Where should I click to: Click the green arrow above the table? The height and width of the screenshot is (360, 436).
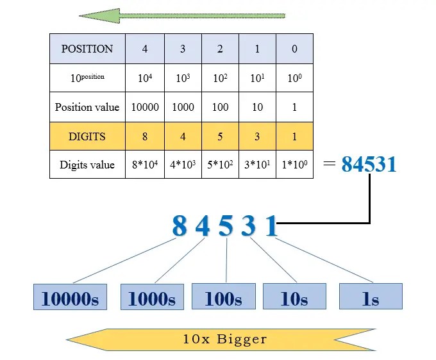click(182, 15)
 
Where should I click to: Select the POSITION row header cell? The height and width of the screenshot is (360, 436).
click(87, 49)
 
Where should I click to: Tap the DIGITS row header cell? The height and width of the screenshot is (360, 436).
click(87, 136)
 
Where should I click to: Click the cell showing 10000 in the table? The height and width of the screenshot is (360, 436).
click(145, 107)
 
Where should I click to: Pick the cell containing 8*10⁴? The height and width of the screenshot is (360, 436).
click(145, 165)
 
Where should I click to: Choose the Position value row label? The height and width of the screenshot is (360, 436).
click(87, 107)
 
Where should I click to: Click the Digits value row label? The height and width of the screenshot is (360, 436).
click(87, 165)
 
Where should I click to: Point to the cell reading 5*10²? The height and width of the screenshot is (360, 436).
click(220, 165)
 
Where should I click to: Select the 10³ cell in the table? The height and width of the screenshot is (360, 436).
click(183, 78)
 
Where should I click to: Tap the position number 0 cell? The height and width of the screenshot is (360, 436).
click(294, 49)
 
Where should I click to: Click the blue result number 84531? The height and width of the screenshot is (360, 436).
click(369, 165)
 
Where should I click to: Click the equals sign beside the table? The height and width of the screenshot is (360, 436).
click(329, 163)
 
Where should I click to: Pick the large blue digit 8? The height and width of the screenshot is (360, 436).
click(180, 226)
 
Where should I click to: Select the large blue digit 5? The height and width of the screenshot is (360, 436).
click(226, 226)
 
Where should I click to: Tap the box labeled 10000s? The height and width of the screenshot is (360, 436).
click(71, 298)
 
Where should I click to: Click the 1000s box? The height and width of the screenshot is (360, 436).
click(152, 298)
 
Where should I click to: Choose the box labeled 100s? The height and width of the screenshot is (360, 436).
click(223, 298)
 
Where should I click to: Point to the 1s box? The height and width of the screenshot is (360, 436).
click(371, 298)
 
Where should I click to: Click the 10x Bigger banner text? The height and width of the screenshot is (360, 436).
click(224, 338)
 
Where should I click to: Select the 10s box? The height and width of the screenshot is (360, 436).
click(294, 298)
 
